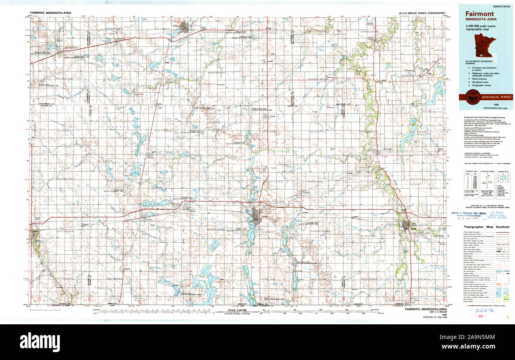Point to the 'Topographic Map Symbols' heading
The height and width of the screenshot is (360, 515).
pos(487,227)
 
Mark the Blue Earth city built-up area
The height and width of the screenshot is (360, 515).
pos(406,225)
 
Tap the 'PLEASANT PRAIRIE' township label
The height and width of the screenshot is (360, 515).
pos(320,231)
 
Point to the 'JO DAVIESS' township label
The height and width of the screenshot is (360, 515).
pos(368,236)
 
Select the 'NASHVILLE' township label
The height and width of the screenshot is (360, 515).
pos(318,131)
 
